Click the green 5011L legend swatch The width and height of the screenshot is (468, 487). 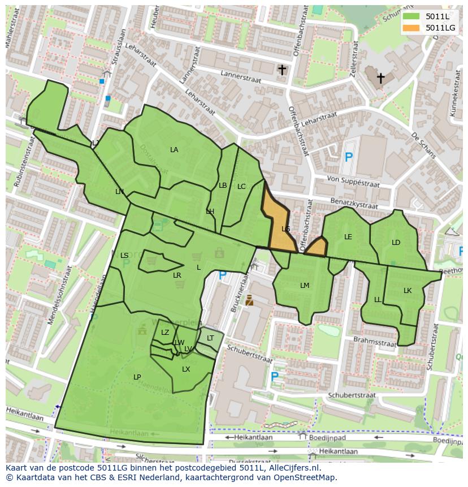click(x=411, y=16)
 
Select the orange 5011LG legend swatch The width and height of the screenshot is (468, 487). click(x=411, y=28)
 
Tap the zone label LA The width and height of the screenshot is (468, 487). click(x=174, y=150)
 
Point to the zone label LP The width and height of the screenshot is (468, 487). click(x=137, y=377)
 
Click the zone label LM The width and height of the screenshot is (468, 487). click(x=305, y=286)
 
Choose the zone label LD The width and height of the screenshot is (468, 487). click(x=396, y=243)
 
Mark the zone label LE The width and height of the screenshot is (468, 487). click(x=348, y=237)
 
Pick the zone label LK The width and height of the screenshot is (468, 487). click(x=408, y=291)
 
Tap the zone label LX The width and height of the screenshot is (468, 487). click(x=186, y=369)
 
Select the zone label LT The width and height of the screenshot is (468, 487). click(x=210, y=338)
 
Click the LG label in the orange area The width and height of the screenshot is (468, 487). click(x=285, y=229)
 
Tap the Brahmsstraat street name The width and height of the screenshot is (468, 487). click(x=374, y=342)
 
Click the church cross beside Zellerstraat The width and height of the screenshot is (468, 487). click(x=380, y=78)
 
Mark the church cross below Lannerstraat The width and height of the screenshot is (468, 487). click(x=281, y=70)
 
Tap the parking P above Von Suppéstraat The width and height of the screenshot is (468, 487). click(x=348, y=157)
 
